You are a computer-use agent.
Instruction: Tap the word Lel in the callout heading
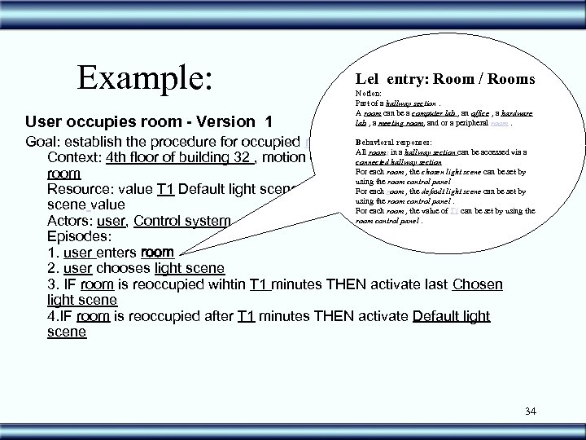(x=367, y=79)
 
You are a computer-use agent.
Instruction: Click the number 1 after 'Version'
(x=268, y=121)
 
